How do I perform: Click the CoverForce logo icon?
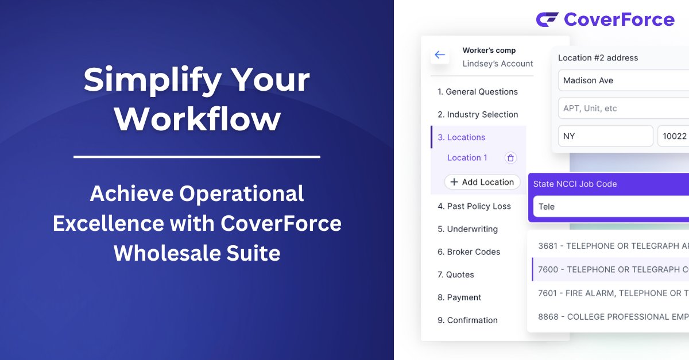tap(547, 20)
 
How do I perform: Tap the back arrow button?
tap(440, 55)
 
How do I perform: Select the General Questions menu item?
tap(477, 92)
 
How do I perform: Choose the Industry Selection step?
tap(478, 115)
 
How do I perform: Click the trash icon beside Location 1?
tap(510, 158)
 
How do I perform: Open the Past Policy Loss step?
tap(474, 206)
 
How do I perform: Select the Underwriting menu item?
tap(467, 229)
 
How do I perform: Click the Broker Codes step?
tap(469, 252)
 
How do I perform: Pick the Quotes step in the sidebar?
tap(455, 275)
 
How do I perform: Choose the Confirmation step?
tap(467, 320)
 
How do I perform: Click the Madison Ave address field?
tap(623, 80)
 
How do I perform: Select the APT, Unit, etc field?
tap(623, 109)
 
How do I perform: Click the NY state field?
tap(605, 136)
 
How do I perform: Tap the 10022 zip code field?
tap(673, 136)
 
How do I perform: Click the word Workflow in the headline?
tap(197, 119)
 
